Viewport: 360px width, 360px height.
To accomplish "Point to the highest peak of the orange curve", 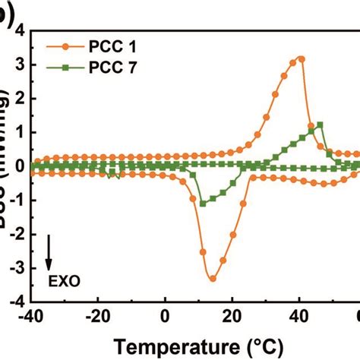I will pos(302,58).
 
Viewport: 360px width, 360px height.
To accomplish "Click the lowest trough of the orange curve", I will pos(213,279).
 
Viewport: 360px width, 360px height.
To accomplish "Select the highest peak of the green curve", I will pos(320,125).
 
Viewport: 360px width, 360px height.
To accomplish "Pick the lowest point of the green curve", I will pos(203,204).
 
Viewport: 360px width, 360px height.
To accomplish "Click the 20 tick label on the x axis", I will pos(232,315).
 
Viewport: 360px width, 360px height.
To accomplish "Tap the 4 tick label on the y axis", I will pos(18,30).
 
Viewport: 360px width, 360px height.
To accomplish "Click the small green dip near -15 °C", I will pos(113,174).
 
